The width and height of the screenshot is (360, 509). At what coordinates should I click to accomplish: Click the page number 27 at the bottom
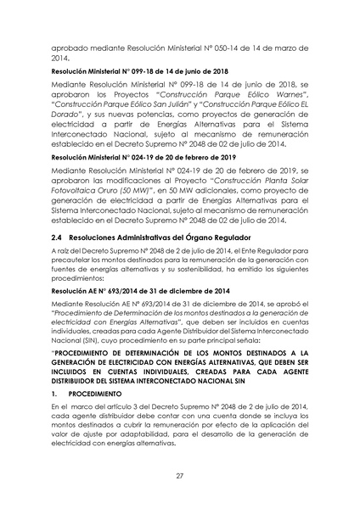(180, 475)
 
